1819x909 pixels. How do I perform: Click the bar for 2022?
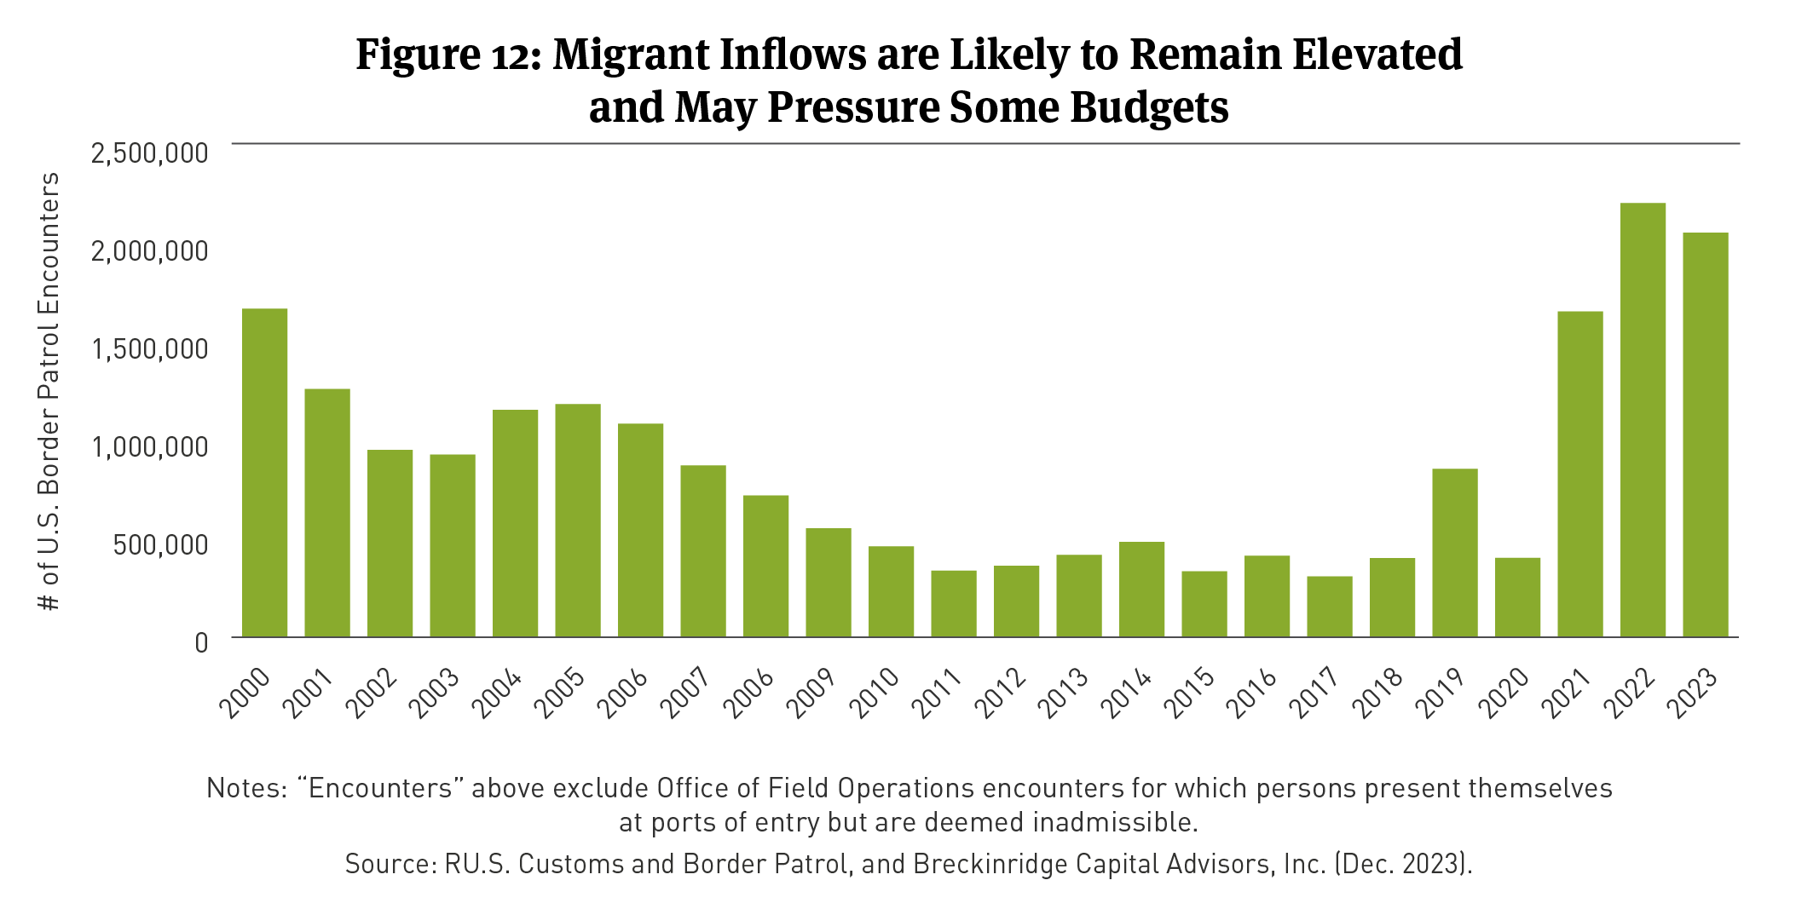point(1643,420)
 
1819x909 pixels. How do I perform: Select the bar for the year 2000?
point(264,473)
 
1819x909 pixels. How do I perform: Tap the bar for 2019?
point(1454,553)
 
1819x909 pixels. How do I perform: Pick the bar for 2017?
point(1329,607)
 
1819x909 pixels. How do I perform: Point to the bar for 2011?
point(953,603)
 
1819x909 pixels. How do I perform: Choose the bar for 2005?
point(577,521)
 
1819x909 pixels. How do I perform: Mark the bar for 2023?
point(1705,434)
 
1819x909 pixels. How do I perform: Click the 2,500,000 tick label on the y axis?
point(149,153)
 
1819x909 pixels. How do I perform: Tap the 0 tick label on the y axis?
point(201,642)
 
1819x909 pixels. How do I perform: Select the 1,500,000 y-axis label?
point(149,348)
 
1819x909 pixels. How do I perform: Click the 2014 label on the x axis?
point(1127,692)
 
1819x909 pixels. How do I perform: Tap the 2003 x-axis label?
point(436,692)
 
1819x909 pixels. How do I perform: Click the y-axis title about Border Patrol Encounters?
point(49,391)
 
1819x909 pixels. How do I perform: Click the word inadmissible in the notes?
point(1115,822)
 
